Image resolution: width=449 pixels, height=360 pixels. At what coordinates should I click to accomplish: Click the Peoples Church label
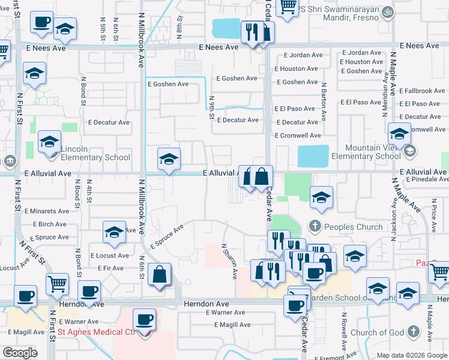pos(353,227)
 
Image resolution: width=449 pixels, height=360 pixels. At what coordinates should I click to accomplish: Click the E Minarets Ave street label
pos(47,211)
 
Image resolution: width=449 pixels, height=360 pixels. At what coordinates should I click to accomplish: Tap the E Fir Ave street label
pos(110,268)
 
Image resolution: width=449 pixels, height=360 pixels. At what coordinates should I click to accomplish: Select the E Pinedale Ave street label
pos(426,179)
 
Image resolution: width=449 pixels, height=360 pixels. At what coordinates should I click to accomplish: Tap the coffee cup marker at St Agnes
pos(144,320)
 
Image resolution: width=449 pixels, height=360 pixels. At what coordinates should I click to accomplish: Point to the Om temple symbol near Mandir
pos(387,10)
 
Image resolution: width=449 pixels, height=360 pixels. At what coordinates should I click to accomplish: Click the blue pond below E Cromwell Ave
pos(313,157)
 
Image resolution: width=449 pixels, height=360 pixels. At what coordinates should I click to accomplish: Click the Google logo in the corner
pos(20,353)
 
